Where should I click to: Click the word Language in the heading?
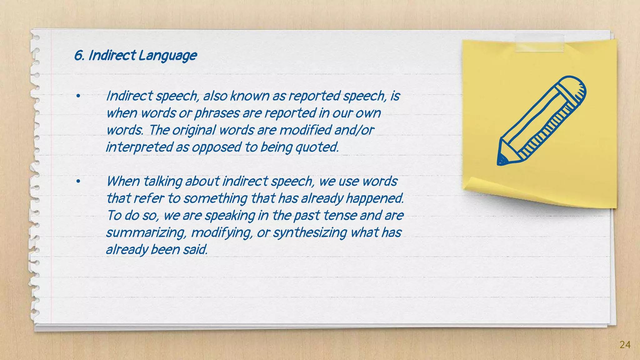tap(167, 56)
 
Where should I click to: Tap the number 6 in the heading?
tap(78, 56)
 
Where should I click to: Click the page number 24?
tap(625, 345)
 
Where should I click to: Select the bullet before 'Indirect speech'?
tap(78, 96)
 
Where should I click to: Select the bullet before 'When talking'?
tap(78, 182)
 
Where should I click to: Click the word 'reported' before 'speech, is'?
tap(314, 96)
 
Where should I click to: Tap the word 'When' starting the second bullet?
tap(123, 181)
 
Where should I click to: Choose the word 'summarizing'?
tap(146, 232)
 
